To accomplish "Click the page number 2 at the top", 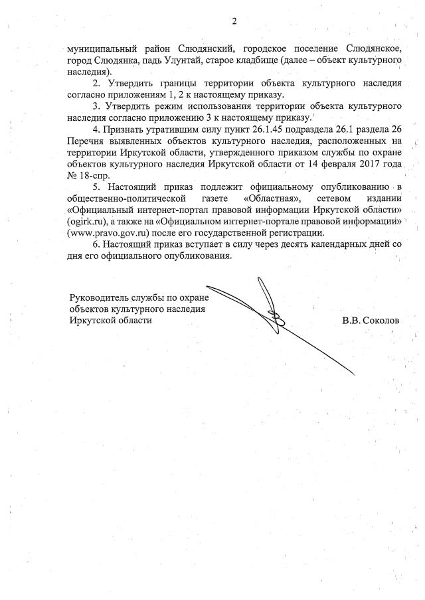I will point(234,21).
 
